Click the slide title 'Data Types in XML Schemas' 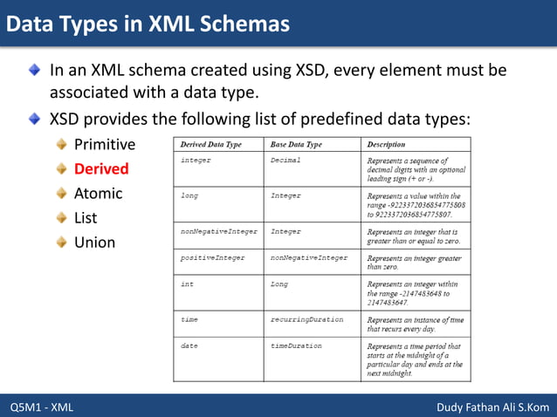(x=148, y=24)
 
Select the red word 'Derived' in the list (x=101, y=168)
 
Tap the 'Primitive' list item (x=105, y=144)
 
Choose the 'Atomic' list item (x=98, y=193)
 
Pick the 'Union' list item (x=94, y=242)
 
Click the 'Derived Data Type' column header (x=210, y=144)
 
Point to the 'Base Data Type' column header (x=296, y=144)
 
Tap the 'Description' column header (x=386, y=144)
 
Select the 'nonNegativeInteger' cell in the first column (x=218, y=231)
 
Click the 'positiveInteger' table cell (x=212, y=258)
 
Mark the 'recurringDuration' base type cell (x=306, y=319)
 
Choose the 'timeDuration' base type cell (x=296, y=346)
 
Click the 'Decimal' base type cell (x=285, y=161)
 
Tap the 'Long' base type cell (x=280, y=284)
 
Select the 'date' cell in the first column (x=189, y=346)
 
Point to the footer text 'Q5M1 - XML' (x=42, y=407)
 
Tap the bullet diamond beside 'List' (x=62, y=217)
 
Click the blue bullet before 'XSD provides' (x=34, y=117)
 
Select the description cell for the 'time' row (x=415, y=324)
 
